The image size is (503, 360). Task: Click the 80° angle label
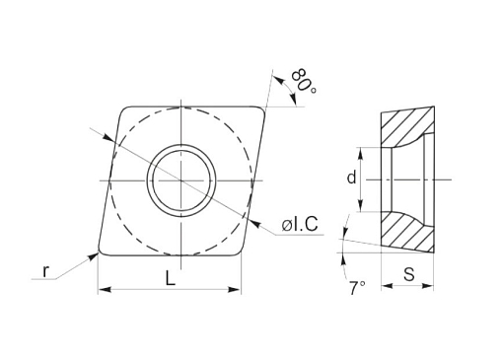[x=304, y=81]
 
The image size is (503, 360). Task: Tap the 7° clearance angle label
[x=357, y=288]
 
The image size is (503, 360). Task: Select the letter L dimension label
[x=170, y=279]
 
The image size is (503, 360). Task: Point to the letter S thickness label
[x=409, y=274]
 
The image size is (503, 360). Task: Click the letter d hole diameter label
[x=351, y=178]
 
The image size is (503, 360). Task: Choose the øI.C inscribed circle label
[x=300, y=225]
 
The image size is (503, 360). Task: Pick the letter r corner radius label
[x=46, y=271]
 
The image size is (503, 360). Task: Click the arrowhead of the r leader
[x=94, y=256]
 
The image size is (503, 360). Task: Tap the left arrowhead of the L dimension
[x=104, y=290]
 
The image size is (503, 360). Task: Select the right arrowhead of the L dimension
[x=236, y=290]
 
